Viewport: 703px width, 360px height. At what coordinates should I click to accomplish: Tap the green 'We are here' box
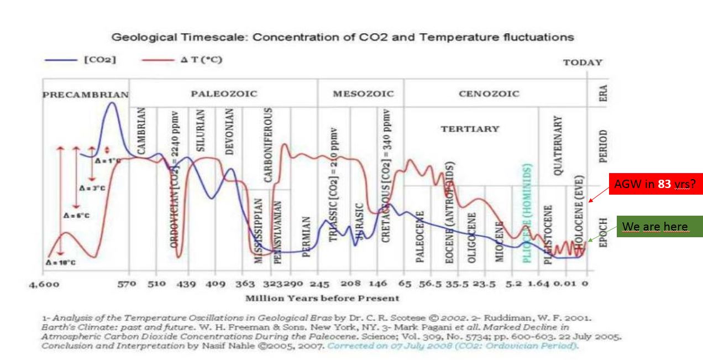(x=655, y=226)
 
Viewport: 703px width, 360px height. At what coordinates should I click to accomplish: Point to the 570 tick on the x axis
(x=127, y=284)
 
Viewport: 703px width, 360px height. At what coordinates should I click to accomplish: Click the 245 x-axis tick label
(x=319, y=284)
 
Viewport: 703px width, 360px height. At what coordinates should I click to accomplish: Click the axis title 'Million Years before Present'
(x=322, y=298)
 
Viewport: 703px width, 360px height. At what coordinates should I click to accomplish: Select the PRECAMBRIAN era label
(x=86, y=95)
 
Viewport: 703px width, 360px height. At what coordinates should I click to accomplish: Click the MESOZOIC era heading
(x=363, y=94)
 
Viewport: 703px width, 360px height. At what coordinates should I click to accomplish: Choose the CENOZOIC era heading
(x=489, y=94)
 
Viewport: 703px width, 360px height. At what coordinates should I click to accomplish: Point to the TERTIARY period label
(x=470, y=129)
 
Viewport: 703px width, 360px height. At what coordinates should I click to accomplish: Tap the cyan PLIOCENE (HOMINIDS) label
(x=527, y=213)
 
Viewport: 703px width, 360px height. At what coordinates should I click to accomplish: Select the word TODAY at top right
(x=583, y=62)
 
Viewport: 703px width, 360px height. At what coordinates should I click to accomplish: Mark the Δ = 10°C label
(x=61, y=262)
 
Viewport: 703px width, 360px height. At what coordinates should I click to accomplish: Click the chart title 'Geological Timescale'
(x=343, y=38)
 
